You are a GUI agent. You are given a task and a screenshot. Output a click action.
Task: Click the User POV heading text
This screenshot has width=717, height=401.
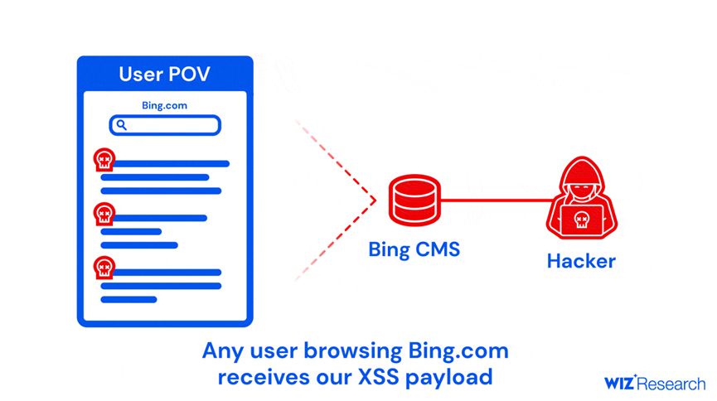point(164,74)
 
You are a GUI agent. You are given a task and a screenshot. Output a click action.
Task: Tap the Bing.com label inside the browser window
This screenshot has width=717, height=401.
point(164,106)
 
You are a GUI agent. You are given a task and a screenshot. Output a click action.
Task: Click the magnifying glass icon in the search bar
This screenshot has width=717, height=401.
point(122,125)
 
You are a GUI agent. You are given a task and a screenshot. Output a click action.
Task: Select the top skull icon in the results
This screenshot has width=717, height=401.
point(104,160)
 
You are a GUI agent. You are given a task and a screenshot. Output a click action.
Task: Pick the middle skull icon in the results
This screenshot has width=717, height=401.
point(104,215)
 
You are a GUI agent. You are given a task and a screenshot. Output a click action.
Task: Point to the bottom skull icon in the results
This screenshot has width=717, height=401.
point(104,268)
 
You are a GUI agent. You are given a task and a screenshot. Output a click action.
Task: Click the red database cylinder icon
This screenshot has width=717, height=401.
point(414,200)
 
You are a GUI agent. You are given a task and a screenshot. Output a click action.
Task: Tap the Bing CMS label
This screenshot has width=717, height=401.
point(414,249)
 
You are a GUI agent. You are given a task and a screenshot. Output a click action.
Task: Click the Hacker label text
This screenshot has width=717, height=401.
point(581,262)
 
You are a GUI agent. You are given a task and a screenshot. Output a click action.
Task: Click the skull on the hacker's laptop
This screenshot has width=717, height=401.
point(581,220)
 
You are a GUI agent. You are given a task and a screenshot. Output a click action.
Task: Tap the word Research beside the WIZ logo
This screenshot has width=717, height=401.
point(672,384)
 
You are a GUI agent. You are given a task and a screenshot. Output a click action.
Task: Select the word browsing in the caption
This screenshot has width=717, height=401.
point(357,351)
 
